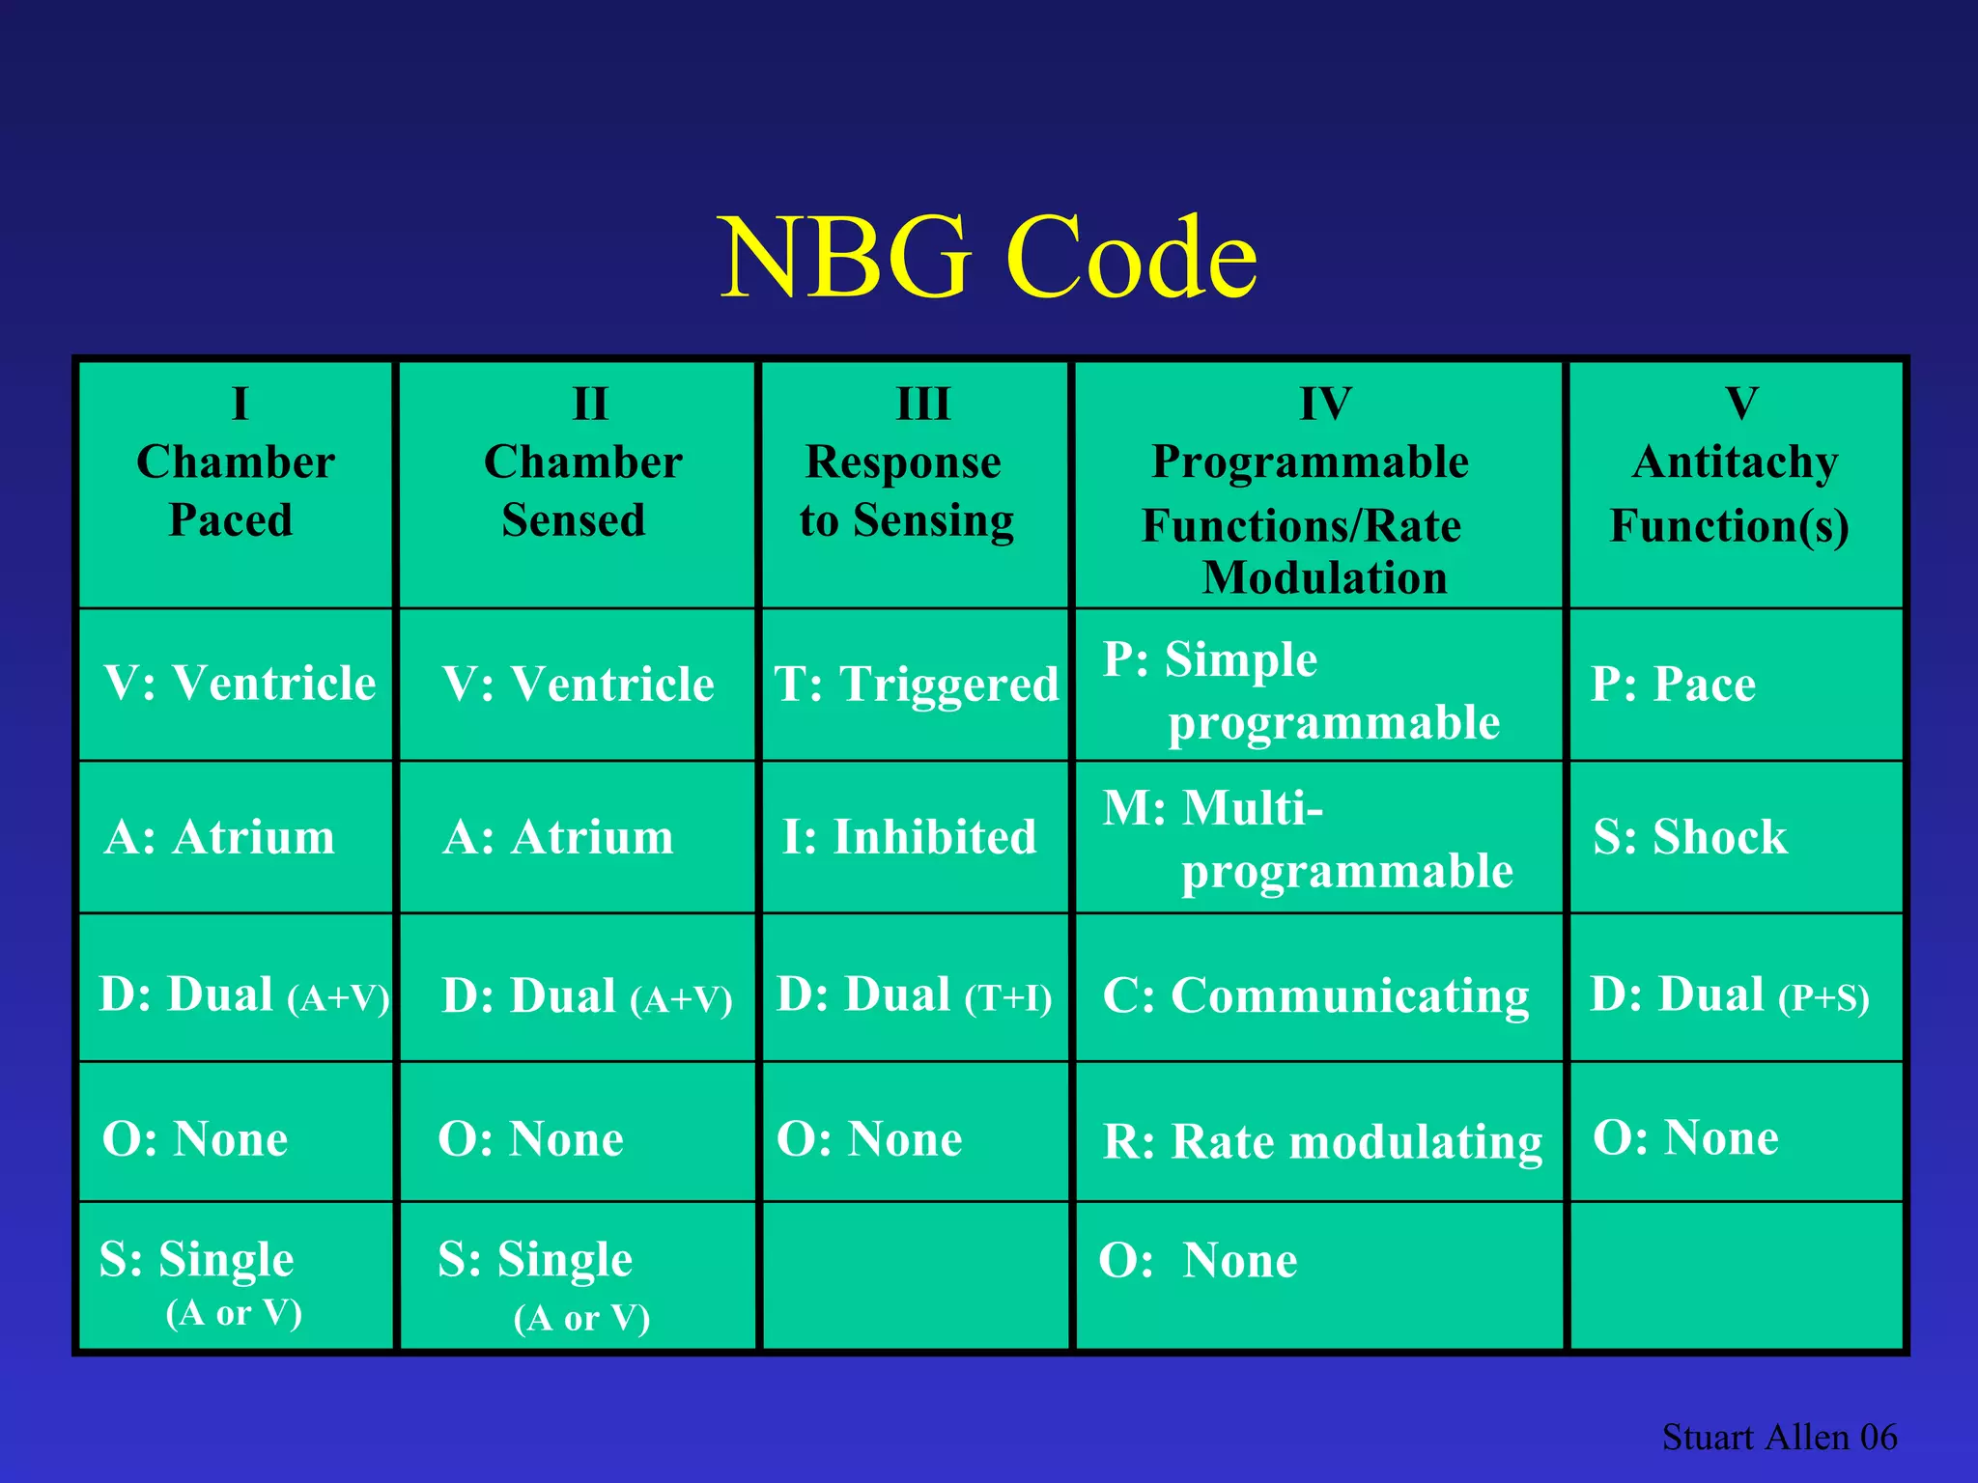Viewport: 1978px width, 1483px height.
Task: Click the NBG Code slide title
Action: click(988, 257)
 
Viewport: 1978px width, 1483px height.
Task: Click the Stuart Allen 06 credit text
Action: click(1778, 1437)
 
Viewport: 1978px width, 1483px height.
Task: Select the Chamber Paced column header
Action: click(235, 489)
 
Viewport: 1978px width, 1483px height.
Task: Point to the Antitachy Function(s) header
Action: click(1734, 492)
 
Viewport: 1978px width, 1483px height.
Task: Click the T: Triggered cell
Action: click(916, 685)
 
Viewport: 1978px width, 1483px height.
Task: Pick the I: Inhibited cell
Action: click(909, 837)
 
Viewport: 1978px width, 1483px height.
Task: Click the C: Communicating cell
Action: click(1315, 995)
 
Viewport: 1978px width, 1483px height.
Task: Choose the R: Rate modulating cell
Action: click(1321, 1141)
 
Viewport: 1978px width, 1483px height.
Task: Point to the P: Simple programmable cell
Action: click(1301, 690)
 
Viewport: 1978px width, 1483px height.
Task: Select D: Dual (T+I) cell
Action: click(914, 995)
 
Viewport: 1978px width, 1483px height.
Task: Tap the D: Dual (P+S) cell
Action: click(1729, 995)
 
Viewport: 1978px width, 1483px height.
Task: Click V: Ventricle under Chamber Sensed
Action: click(578, 685)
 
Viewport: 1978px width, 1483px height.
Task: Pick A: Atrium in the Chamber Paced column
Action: click(219, 837)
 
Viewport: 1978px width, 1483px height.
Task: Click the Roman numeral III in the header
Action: click(923, 404)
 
